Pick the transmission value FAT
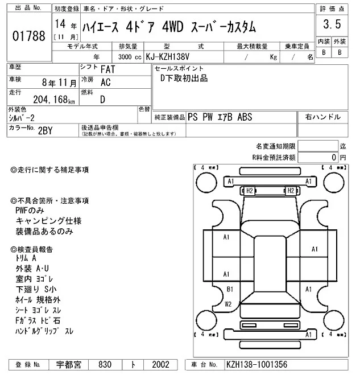tap(106, 69)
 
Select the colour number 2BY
tap(45, 130)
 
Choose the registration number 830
tap(104, 364)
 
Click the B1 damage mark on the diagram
tap(229, 289)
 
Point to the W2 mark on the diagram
tap(228, 304)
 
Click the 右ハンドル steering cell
tap(323, 117)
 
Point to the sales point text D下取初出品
tap(184, 78)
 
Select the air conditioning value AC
tap(105, 82)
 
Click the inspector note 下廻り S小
tap(37, 289)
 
